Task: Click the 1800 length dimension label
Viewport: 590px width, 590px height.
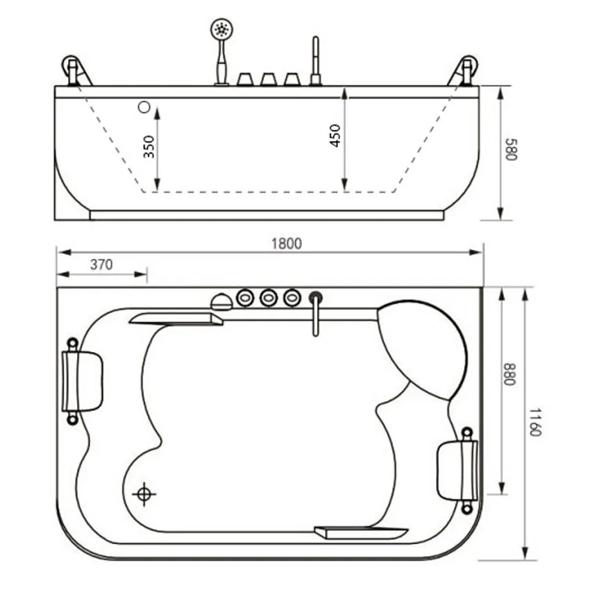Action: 287,244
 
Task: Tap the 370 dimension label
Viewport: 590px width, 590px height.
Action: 101,265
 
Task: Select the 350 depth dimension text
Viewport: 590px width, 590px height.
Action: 149,146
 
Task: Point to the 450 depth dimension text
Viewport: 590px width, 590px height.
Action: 335,135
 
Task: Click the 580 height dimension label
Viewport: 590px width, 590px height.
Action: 512,149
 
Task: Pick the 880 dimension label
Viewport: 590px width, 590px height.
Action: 509,374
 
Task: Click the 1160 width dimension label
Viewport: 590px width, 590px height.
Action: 534,422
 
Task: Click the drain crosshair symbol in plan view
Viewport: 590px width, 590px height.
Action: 144,494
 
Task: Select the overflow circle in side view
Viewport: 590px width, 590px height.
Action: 144,107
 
